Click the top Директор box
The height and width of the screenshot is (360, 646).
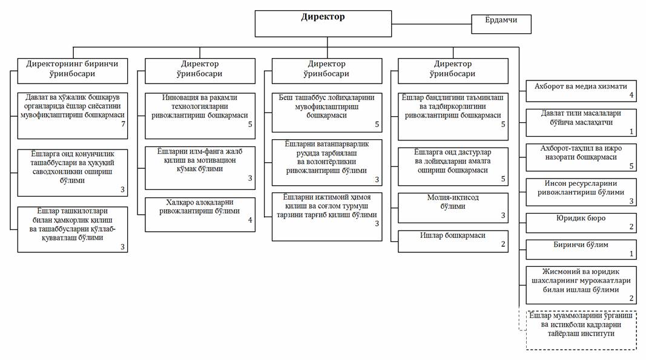[x=323, y=24]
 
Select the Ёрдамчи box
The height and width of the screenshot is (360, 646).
[x=501, y=24]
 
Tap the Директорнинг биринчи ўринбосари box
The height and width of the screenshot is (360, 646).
[x=73, y=71]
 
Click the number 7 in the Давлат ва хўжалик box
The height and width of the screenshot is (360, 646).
[x=123, y=124]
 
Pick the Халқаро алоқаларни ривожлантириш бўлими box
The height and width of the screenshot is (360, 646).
[x=200, y=215]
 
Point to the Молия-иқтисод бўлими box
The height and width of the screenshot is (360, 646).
[x=453, y=208]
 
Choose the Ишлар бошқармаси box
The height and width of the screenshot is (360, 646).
[x=453, y=241]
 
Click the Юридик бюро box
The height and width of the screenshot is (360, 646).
[x=581, y=223]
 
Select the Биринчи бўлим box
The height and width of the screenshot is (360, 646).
[x=581, y=250]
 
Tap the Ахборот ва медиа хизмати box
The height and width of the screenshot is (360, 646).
[x=581, y=91]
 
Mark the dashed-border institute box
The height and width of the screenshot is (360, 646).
[x=581, y=330]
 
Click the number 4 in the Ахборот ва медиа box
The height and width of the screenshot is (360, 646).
[x=631, y=95]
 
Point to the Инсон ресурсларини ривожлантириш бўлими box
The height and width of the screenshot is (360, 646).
[x=581, y=192]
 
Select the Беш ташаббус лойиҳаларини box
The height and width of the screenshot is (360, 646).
[x=327, y=113]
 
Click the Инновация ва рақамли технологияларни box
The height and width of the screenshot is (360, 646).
[x=200, y=116]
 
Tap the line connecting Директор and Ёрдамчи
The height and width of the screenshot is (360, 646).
[x=431, y=24]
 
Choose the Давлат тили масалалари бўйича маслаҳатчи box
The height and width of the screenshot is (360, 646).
[x=581, y=122]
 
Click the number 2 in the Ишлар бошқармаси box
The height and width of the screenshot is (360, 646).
[x=503, y=244]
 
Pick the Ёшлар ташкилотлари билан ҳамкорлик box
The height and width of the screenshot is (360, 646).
[x=73, y=229]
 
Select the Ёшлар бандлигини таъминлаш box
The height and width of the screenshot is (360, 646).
[x=453, y=117]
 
